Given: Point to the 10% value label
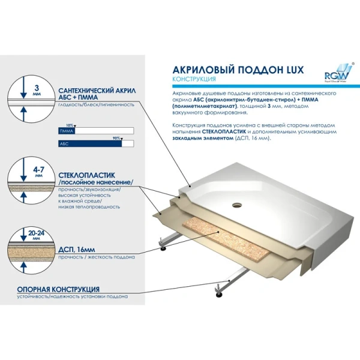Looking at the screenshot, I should pyautogui.click(x=68, y=125).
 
